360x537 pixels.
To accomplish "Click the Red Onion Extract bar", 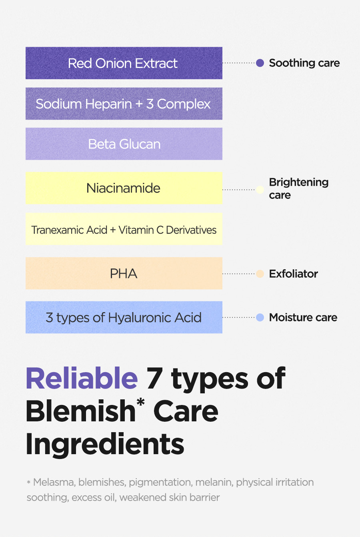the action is pos(124,63).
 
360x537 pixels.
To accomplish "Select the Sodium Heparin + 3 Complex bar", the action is pos(124,104).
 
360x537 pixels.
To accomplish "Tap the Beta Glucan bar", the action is pos(124,144).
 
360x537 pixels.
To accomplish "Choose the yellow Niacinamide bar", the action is pos(124,188).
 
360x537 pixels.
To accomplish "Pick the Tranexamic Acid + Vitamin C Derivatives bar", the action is pos(124,229).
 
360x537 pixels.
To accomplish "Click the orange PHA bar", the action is pos(124,273).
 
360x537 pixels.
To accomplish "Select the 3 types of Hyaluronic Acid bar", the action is pos(124,317).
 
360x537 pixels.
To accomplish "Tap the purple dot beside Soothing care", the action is pos(260,63).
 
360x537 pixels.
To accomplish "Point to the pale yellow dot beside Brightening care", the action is pos(260,190).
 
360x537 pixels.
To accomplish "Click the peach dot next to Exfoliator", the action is pos(260,274).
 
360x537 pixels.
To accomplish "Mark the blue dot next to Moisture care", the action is pos(260,317).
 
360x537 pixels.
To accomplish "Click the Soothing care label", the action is pos(304,63).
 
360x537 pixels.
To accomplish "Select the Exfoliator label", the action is pos(293,274).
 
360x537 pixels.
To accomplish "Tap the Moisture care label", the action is pos(303,317).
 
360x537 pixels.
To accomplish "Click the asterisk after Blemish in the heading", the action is pos(141,402).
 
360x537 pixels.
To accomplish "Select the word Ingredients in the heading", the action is pos(105,444).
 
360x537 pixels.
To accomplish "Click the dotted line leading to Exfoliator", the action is pos(239,274).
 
